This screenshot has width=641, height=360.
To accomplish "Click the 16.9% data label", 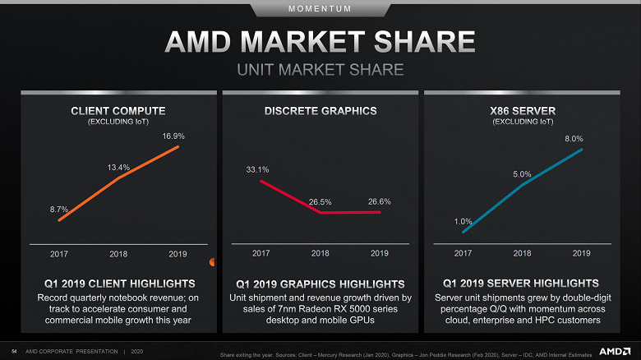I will click(173, 135).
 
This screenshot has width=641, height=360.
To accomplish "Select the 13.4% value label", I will click(118, 167).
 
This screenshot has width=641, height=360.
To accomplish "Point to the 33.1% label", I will click(257, 169).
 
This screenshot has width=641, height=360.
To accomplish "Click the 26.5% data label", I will click(320, 201).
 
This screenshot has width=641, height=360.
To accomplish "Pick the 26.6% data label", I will click(379, 201).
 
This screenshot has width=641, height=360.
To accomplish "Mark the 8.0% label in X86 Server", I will click(574, 139).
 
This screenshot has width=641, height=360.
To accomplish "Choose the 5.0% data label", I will click(522, 173).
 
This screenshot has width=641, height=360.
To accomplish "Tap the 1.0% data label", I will click(463, 221).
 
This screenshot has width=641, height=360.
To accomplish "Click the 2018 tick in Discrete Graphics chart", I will click(320, 253).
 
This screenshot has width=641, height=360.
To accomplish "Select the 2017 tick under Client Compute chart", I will click(59, 253).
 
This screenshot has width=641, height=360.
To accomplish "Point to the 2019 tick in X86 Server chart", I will click(581, 253).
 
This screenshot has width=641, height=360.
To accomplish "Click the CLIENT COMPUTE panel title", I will click(118, 110).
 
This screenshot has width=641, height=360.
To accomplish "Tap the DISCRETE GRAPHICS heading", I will click(320, 110).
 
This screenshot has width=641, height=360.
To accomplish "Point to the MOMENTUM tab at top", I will click(320, 8).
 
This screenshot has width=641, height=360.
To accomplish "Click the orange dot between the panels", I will click(212, 262).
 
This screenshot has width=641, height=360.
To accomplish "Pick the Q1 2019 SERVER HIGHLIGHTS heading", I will click(522, 284).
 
